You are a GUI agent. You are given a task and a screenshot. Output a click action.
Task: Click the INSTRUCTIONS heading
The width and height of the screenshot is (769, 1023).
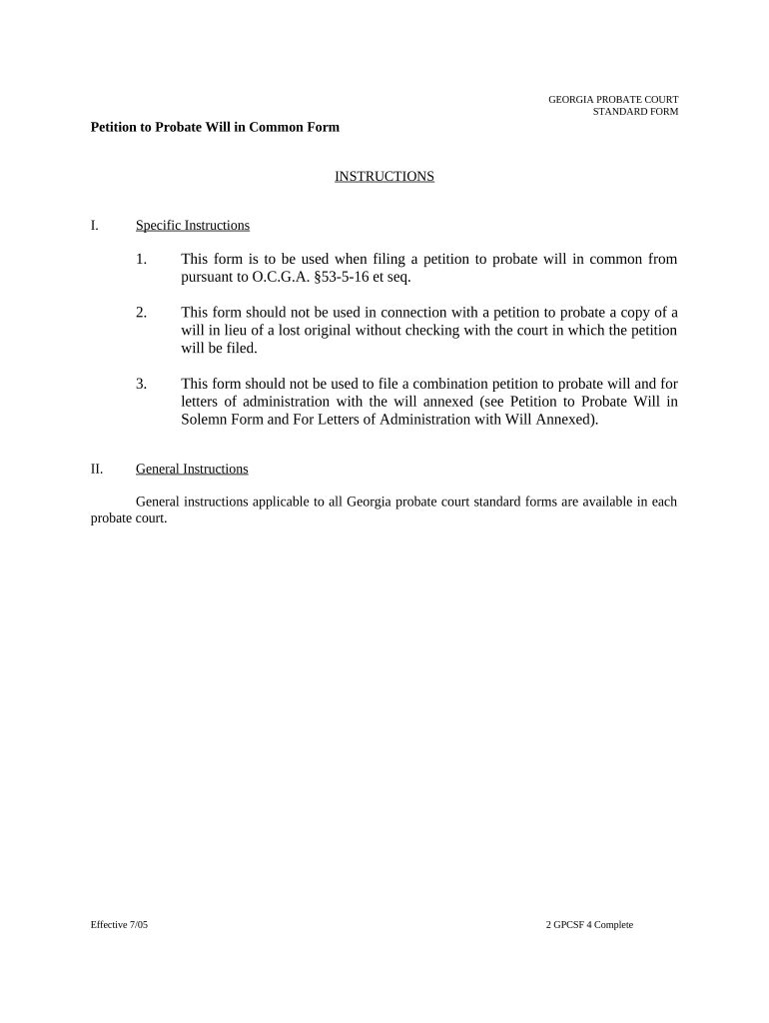click(384, 177)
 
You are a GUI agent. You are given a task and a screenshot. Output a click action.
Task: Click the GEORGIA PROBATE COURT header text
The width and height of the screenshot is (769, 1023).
click(613, 100)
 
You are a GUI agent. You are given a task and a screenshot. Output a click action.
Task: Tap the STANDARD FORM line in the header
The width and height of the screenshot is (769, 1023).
click(635, 112)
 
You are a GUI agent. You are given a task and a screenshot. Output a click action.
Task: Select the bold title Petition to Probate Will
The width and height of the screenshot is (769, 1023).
click(215, 128)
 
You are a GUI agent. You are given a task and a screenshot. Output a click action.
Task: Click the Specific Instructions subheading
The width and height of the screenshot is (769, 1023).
click(193, 226)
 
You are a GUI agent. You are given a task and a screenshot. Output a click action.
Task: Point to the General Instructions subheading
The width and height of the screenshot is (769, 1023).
click(192, 469)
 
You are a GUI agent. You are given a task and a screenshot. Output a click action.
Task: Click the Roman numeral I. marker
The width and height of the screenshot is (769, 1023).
click(94, 226)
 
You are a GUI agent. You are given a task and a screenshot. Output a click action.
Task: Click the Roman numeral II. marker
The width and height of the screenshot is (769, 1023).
click(97, 469)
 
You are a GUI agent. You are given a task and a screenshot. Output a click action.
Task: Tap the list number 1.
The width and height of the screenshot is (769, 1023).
click(142, 260)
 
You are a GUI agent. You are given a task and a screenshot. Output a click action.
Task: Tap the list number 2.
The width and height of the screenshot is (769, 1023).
click(142, 313)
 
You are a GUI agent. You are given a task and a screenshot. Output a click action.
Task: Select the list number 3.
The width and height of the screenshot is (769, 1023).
click(142, 384)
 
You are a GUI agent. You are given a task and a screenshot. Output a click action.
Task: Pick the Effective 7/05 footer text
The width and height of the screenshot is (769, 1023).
click(119, 925)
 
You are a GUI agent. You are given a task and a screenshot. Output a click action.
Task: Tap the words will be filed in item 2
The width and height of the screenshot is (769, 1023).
click(219, 349)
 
